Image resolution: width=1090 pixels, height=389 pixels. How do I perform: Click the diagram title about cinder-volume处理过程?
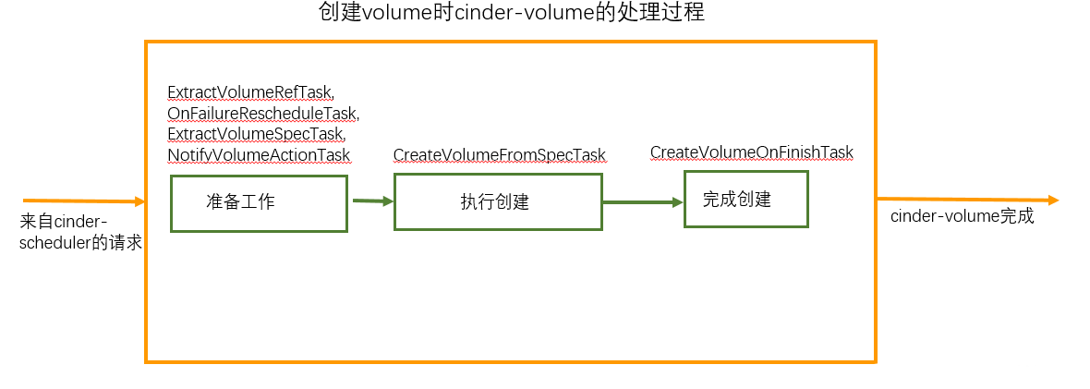point(512,15)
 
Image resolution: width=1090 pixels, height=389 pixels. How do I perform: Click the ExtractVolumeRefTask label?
point(250,92)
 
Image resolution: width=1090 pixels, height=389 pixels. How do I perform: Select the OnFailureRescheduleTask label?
point(262,113)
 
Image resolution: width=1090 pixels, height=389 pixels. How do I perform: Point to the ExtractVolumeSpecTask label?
point(256,133)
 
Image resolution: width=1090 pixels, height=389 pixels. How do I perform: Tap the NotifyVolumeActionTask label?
point(259,153)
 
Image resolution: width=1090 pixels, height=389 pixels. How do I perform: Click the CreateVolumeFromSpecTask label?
point(500,154)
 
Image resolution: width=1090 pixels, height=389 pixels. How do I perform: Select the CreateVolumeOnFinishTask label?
point(751,152)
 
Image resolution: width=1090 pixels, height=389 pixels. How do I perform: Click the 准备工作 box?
point(259,203)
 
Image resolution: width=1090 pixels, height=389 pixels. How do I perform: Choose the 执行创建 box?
point(498,202)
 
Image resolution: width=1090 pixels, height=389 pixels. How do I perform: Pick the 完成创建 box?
point(745,199)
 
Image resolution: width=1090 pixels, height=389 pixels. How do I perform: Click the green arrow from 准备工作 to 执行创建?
point(372,201)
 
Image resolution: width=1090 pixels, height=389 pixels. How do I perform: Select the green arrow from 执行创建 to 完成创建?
point(643,202)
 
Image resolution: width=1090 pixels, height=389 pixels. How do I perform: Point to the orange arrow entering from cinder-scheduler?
point(83,201)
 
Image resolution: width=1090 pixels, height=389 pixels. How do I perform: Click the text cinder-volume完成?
point(962,217)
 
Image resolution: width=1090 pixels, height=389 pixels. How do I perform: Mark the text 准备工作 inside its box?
point(240,203)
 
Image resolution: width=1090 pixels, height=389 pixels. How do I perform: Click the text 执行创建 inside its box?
point(494,202)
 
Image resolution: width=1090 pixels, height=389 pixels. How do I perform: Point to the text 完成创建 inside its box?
point(736,199)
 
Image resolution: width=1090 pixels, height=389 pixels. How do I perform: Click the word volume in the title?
point(394,15)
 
